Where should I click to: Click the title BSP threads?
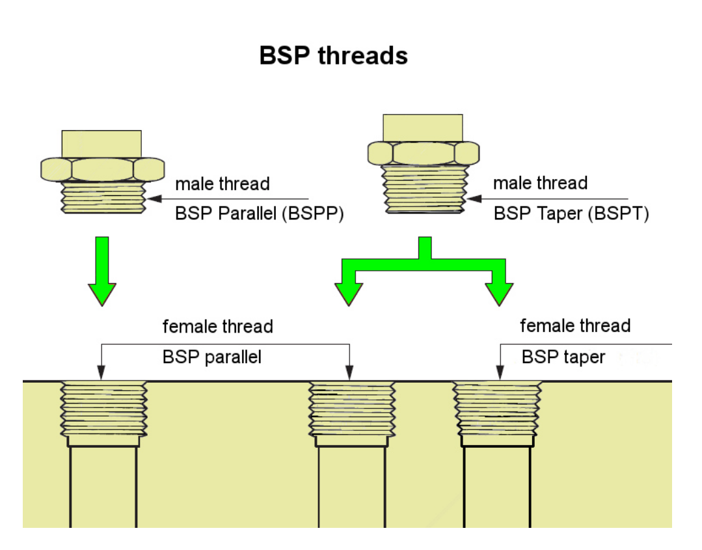click(x=333, y=55)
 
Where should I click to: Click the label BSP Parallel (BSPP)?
click(x=259, y=213)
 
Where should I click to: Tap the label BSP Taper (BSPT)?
click(x=571, y=213)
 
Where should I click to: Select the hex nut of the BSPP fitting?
click(x=101, y=169)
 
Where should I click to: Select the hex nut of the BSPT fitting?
click(x=423, y=154)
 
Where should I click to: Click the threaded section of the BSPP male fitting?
click(x=103, y=198)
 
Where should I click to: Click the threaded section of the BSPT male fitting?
click(x=424, y=189)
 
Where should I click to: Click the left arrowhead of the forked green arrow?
click(x=348, y=293)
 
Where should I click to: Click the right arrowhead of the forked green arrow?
click(x=499, y=293)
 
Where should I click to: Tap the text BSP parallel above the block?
click(x=211, y=357)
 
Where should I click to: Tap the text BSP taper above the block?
click(x=563, y=357)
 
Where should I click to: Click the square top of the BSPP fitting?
click(x=101, y=143)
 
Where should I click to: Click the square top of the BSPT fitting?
click(x=423, y=128)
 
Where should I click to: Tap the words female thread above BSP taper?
click(x=575, y=325)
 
